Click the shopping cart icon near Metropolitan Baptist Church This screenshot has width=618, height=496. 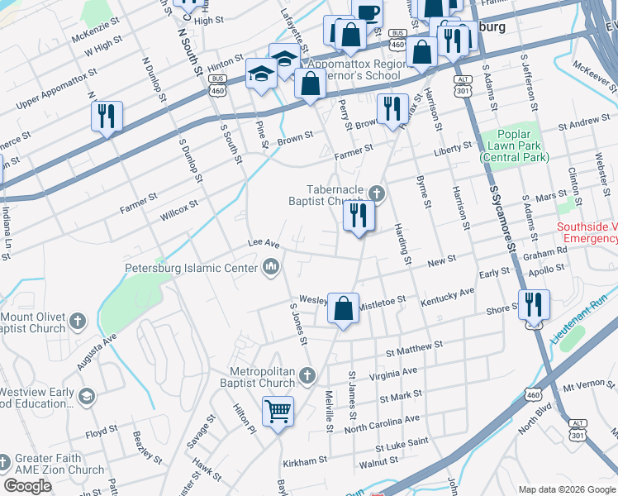pos(278,409)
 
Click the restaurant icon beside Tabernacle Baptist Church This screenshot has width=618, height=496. pos(359,217)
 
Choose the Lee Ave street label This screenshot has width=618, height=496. pos(265,244)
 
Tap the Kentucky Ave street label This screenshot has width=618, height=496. pos(448,297)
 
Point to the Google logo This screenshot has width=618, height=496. pos(27,486)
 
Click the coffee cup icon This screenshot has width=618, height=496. pos(367,13)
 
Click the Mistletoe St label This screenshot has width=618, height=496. pos(382,303)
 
